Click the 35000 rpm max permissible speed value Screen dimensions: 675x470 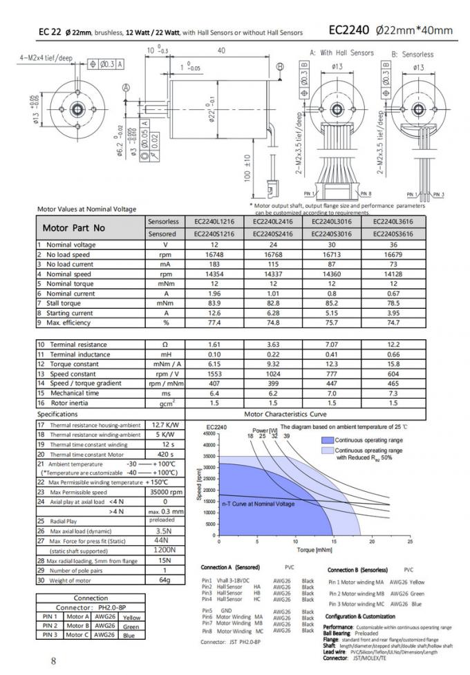click(165, 491)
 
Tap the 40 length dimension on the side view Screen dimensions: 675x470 click(221, 50)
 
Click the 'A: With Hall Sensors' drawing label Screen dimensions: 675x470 click(341, 53)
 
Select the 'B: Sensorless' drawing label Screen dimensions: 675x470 click(413, 54)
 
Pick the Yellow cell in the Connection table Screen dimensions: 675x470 click(131, 617)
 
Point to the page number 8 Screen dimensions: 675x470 click(53, 660)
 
